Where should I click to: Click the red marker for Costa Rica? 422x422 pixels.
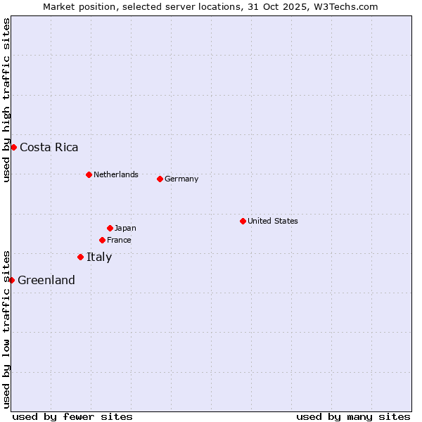(13, 147)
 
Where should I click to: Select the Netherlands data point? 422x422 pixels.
(89, 174)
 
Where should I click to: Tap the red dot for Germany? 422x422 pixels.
(160, 179)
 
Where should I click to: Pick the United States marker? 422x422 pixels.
(243, 221)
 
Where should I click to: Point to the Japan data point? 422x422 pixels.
(110, 228)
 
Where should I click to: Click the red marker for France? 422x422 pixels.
(102, 240)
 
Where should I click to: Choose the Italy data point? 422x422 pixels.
(80, 257)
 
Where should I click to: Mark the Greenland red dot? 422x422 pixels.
(11, 280)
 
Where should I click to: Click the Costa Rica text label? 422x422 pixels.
(49, 148)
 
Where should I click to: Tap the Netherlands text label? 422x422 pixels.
(115, 174)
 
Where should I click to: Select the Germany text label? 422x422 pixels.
(181, 179)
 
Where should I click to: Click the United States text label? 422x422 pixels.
(272, 221)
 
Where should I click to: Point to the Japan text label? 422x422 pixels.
(125, 228)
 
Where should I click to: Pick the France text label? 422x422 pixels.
(119, 240)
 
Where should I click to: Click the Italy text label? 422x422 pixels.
(99, 257)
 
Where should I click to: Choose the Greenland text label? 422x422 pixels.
(46, 281)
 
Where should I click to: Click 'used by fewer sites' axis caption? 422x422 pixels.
(72, 416)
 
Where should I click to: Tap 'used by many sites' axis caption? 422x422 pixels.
(353, 416)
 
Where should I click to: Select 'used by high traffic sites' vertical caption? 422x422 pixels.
(6, 100)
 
